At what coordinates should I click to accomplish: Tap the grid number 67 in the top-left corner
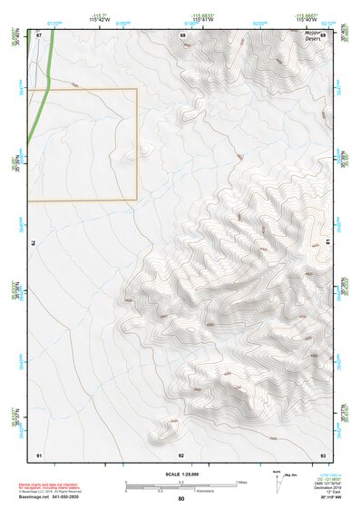pos(39,35)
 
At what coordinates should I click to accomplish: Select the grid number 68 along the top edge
pos(182,35)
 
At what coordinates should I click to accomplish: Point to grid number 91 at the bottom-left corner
pos(39,453)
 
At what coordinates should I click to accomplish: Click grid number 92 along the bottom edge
pos(181,453)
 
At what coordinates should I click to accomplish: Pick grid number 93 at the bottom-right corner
pos(323,453)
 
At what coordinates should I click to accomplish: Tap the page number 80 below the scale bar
pos(181,498)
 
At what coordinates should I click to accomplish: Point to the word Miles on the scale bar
pos(242,481)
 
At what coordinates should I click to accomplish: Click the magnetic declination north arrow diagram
pos(277,482)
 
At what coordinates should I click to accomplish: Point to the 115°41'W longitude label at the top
pos(202,18)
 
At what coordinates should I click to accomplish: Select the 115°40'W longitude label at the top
pos(304,18)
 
